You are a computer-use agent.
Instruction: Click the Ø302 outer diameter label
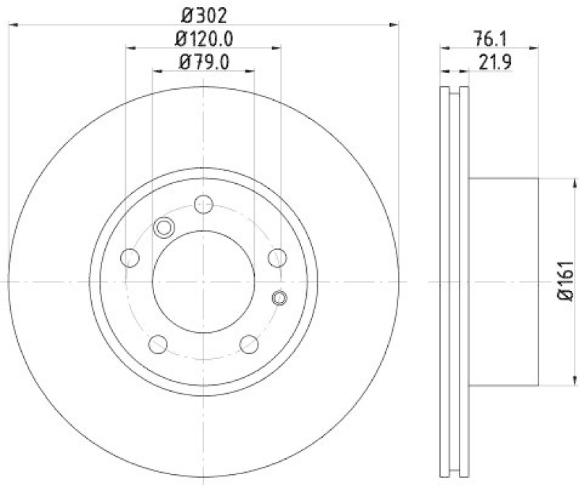click(203, 13)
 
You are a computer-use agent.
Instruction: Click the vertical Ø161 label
click(565, 281)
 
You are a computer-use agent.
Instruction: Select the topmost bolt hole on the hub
click(204, 204)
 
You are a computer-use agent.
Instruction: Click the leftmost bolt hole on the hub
click(130, 257)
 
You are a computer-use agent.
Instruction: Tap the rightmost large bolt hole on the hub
click(277, 257)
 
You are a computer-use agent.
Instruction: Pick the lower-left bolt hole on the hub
click(159, 343)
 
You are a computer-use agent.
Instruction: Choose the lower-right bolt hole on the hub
click(249, 343)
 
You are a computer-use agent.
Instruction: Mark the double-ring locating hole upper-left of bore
click(164, 228)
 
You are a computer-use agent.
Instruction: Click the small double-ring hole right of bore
click(279, 297)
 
